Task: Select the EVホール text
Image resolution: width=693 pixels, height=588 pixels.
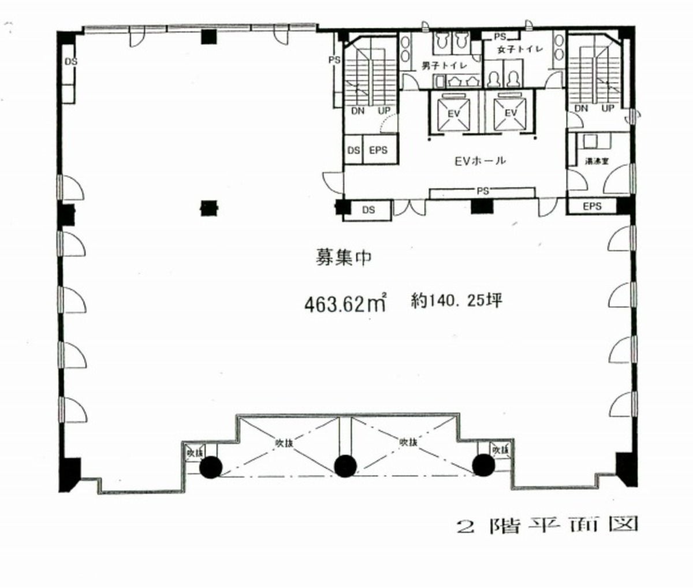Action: pyautogui.click(x=480, y=161)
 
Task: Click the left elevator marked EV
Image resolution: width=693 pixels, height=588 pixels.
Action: pyautogui.click(x=454, y=113)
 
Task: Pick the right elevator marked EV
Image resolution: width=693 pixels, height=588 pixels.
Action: pyautogui.click(x=511, y=113)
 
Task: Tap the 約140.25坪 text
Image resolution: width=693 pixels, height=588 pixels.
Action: pyautogui.click(x=454, y=300)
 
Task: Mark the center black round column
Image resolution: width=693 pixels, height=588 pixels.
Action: pyautogui.click(x=345, y=466)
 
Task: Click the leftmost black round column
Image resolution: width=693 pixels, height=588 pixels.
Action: pyautogui.click(x=210, y=467)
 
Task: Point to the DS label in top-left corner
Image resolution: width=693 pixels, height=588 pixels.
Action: pyautogui.click(x=70, y=62)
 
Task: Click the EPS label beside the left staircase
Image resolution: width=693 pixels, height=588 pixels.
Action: pyautogui.click(x=378, y=150)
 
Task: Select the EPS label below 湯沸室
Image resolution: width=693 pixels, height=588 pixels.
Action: pyautogui.click(x=592, y=206)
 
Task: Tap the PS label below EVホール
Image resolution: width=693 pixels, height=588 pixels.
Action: pyautogui.click(x=482, y=191)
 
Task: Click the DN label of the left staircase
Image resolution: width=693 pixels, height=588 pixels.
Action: pyautogui.click(x=357, y=111)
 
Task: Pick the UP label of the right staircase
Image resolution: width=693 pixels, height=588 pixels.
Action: pyautogui.click(x=608, y=109)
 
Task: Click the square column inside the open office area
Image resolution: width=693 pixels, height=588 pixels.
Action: pyautogui.click(x=208, y=207)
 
